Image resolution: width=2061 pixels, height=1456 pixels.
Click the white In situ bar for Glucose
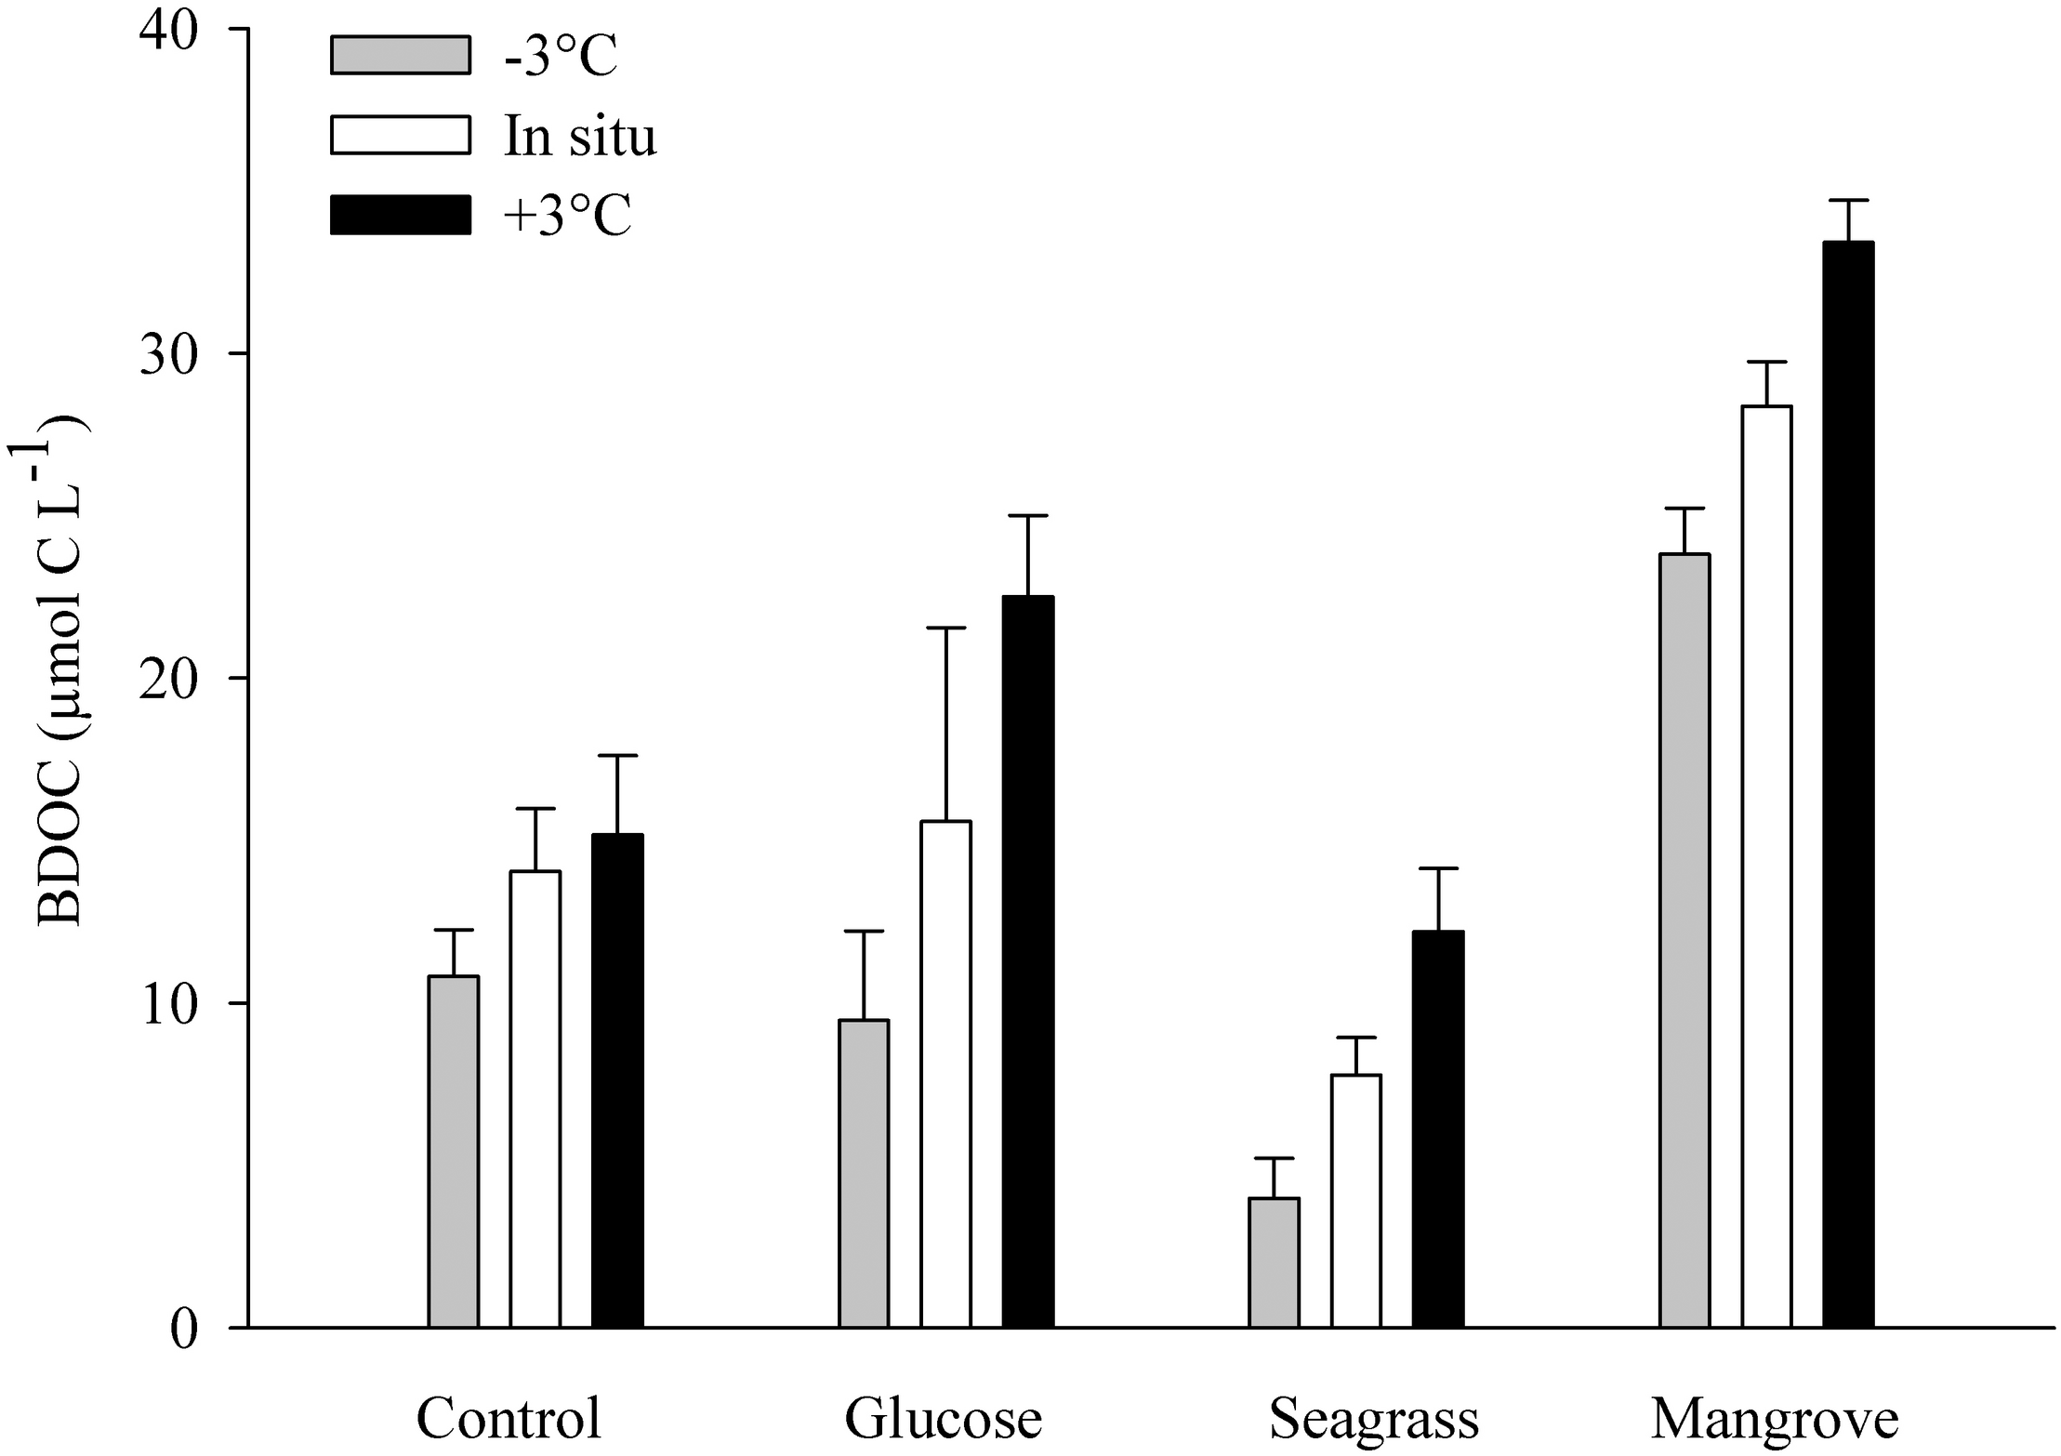pos(945,1074)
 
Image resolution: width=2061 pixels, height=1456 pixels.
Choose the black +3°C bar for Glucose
pos(1028,961)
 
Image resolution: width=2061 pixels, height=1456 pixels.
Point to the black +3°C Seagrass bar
pos(1438,1129)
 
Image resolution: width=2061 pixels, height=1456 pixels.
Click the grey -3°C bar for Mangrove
pos(1684,940)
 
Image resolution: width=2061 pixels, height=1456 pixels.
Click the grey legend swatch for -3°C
pos(400,55)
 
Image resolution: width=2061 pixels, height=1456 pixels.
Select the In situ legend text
pos(580,136)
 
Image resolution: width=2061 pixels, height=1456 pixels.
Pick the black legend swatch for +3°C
pos(400,215)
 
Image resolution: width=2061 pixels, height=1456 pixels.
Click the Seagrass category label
pos(1373,1419)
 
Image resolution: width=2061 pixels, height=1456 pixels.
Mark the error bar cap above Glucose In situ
pos(945,629)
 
